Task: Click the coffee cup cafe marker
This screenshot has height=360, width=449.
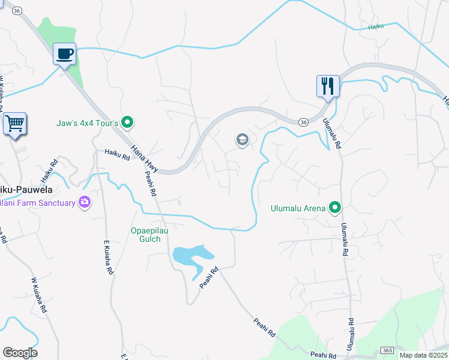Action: click(x=65, y=54)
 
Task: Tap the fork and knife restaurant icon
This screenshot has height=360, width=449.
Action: click(x=328, y=86)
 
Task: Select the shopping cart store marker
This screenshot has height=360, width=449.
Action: click(x=14, y=124)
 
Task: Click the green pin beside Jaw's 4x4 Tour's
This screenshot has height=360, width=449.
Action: click(x=127, y=123)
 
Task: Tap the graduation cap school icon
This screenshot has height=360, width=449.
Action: click(x=242, y=140)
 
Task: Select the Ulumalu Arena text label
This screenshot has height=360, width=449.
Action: click(x=297, y=209)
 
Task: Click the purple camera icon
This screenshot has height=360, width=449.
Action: click(x=85, y=203)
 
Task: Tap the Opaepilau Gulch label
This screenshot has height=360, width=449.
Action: click(x=146, y=235)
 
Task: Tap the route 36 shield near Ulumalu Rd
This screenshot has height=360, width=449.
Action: click(x=303, y=122)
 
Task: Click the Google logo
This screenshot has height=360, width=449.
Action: click(x=20, y=353)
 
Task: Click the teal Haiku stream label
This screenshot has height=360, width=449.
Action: click(x=376, y=26)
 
